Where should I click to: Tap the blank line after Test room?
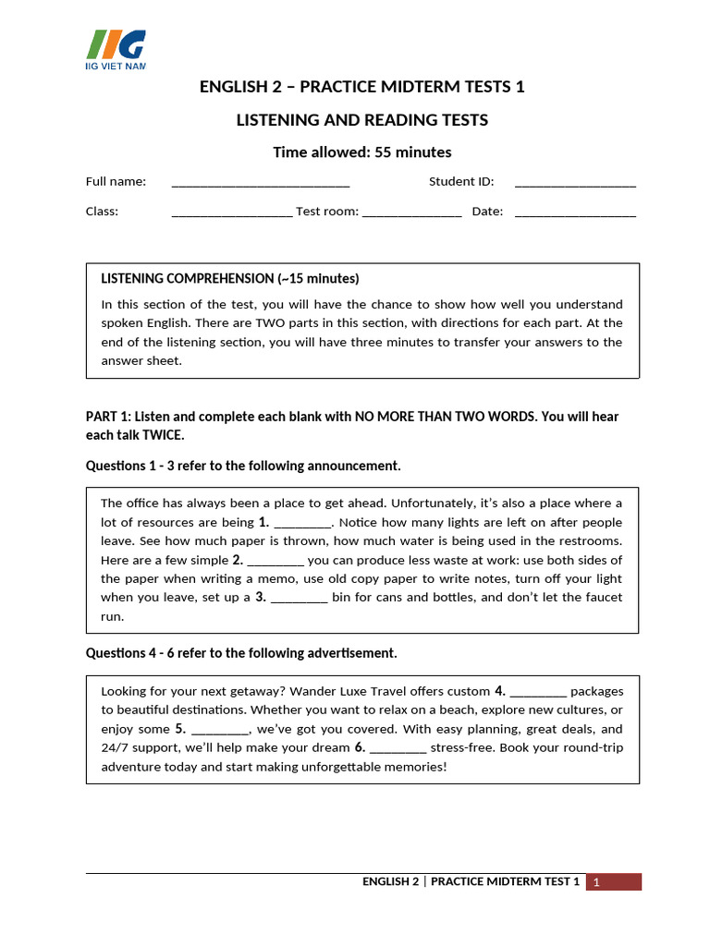(x=411, y=213)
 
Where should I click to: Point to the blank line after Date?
(x=575, y=213)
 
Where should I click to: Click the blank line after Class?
(x=232, y=213)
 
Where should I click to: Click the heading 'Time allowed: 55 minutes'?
(x=361, y=152)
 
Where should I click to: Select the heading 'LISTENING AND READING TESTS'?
(x=361, y=120)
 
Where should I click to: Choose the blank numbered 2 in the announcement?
(x=275, y=561)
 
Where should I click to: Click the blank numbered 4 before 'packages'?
(x=538, y=692)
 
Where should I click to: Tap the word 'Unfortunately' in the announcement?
(x=434, y=503)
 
